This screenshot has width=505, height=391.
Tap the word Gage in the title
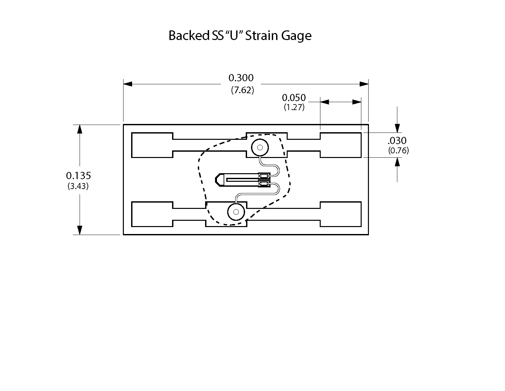296,36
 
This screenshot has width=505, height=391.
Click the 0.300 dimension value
241,78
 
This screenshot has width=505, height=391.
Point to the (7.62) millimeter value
242,90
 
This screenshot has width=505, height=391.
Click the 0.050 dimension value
294,98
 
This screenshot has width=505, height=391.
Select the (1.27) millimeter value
294,107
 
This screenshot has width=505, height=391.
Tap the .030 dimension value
397,141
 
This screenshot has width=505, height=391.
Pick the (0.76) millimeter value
398,151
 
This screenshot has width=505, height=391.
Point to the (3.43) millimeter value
78,186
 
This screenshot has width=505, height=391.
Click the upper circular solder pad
259,147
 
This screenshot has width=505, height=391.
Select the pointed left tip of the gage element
216,180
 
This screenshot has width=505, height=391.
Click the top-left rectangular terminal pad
152,145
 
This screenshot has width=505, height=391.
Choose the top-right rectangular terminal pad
341,145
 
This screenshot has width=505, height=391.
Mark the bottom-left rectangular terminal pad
152,214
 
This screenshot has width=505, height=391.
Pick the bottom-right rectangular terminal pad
341,214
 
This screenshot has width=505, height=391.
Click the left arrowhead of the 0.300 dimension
127,84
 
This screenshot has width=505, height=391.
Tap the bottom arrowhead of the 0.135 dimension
79,230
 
